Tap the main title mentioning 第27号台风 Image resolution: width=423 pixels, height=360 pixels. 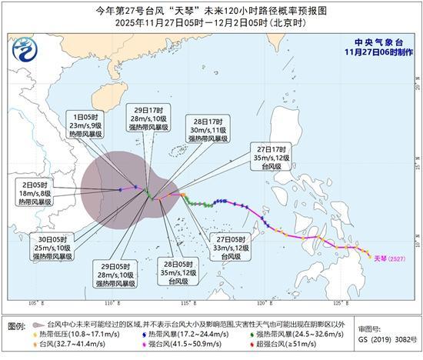[x=211, y=11]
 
